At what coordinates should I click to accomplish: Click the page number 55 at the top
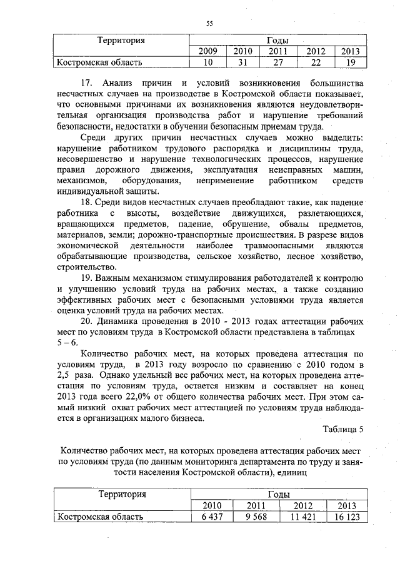tap(209, 24)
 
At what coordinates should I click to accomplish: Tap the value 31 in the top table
tap(242, 62)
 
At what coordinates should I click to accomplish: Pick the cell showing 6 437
tap(211, 517)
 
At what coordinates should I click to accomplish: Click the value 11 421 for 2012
tap(301, 517)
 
